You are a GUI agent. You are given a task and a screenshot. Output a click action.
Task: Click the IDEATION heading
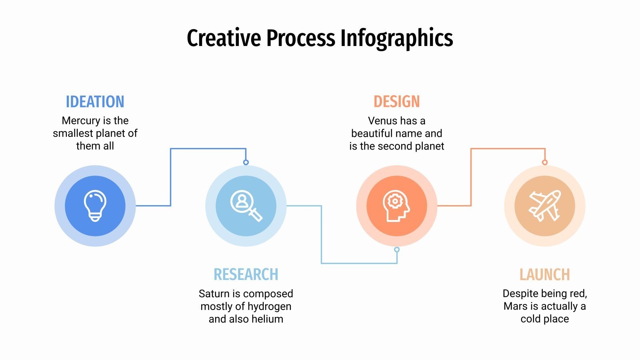(x=95, y=102)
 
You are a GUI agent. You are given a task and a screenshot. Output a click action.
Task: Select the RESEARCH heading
(x=246, y=275)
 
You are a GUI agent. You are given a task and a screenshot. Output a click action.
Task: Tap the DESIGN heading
(x=396, y=102)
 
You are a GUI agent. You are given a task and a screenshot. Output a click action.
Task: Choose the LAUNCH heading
(x=544, y=275)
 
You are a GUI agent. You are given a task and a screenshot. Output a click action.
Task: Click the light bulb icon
(x=95, y=206)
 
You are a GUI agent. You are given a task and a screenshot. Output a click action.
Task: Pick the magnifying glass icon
(x=246, y=206)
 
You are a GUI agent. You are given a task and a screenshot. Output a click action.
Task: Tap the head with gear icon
(x=396, y=206)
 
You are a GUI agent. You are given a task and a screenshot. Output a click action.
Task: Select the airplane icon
(x=544, y=206)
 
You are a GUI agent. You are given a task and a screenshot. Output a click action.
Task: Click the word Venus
(x=382, y=121)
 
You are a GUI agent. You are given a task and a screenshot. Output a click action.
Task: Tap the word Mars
(x=515, y=306)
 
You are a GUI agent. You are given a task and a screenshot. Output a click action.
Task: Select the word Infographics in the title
(x=396, y=38)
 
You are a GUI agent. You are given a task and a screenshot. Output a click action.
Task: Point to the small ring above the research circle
(x=246, y=162)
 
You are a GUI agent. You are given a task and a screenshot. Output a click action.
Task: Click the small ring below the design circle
(x=397, y=250)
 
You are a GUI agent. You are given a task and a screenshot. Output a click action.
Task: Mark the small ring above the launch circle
(x=544, y=162)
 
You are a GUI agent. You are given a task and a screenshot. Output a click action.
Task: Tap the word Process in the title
(x=300, y=38)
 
